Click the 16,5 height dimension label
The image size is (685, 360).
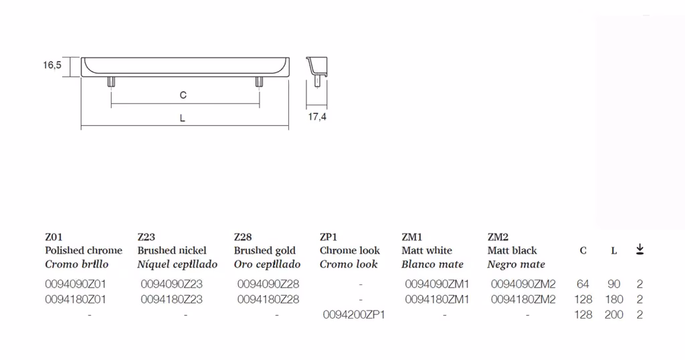coord(52,65)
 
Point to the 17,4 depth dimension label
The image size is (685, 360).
coord(317,116)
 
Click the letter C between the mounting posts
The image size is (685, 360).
coord(183,95)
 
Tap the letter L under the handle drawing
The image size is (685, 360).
coord(183,118)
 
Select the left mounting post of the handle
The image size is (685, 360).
coord(112,82)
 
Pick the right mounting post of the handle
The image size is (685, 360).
coord(259,82)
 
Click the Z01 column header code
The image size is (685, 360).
coord(54,237)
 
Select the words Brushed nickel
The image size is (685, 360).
coord(172,250)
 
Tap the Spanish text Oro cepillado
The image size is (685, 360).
coord(267,264)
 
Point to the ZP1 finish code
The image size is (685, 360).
coord(328,237)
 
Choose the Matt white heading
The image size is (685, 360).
coord(427,250)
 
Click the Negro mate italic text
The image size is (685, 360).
coord(516,264)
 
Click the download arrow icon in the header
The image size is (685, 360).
coord(640,250)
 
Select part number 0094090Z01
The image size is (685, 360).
coord(76,284)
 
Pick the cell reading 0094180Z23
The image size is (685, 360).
coord(172,299)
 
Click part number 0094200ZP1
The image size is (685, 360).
coord(354,314)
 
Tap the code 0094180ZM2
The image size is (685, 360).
coord(523,299)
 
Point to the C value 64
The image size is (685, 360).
coord(583,284)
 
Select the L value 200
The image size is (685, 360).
coord(614,314)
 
